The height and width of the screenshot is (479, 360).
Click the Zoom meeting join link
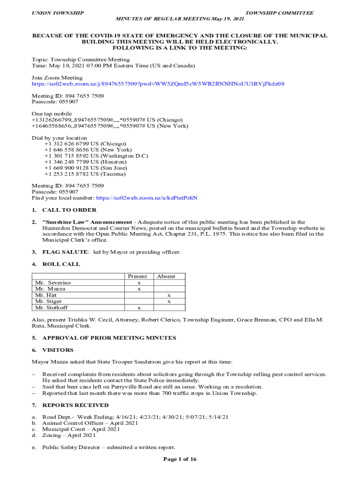158,84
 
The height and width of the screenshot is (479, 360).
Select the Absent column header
166,276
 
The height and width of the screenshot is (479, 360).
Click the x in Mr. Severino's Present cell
139,283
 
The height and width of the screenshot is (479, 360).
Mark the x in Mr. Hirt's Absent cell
169,296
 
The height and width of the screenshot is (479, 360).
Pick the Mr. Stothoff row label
51,308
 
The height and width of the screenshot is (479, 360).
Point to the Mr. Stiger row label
49,302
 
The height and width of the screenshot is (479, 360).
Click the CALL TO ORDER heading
69,210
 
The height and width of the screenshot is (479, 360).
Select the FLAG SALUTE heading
65,252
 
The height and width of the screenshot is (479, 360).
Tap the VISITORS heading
58,350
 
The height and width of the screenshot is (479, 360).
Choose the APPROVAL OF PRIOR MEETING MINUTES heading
109,338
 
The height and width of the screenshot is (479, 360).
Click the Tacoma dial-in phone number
85,174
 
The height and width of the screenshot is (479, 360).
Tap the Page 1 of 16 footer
180,459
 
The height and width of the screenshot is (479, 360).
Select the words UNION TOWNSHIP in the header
58,13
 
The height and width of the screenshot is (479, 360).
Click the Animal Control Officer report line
90,423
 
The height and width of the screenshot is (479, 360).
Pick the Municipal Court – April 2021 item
81,429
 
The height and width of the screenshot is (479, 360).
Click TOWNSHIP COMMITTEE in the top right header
280,13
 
